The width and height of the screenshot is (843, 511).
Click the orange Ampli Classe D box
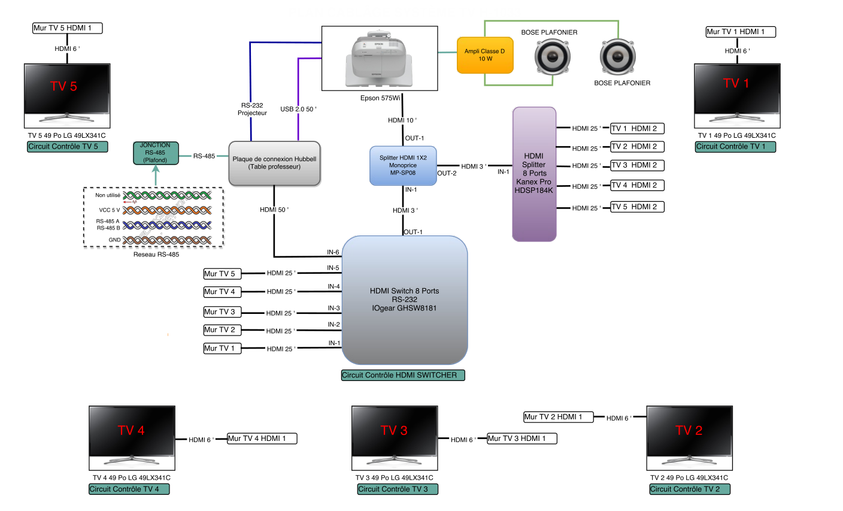coord(485,55)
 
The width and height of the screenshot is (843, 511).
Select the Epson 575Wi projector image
coord(380,59)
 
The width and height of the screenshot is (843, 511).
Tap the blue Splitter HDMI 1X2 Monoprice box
coord(403,165)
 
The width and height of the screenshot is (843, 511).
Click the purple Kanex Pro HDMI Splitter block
coord(534,174)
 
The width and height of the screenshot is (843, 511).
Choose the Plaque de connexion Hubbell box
coord(275,163)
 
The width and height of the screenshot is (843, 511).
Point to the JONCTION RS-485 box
coord(156,153)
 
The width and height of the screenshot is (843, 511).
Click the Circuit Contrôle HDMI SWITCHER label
coord(403,376)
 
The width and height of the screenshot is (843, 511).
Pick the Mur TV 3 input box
coord(222,312)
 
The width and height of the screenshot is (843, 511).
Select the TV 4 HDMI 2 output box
coord(637,185)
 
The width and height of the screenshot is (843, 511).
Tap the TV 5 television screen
coord(67,89)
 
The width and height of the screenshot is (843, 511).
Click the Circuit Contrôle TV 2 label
coord(689,489)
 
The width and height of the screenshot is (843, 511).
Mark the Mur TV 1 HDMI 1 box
coord(740,32)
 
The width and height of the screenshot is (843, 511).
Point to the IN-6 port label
coord(333,252)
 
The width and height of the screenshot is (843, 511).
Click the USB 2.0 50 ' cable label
coord(298,109)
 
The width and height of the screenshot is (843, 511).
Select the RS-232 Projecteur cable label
coord(252,109)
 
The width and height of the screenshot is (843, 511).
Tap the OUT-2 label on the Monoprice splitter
coord(447,173)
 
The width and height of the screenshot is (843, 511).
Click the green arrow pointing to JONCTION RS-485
coord(156,176)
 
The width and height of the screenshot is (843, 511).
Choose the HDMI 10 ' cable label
coord(402,120)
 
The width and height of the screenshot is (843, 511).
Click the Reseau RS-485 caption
coord(156,255)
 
